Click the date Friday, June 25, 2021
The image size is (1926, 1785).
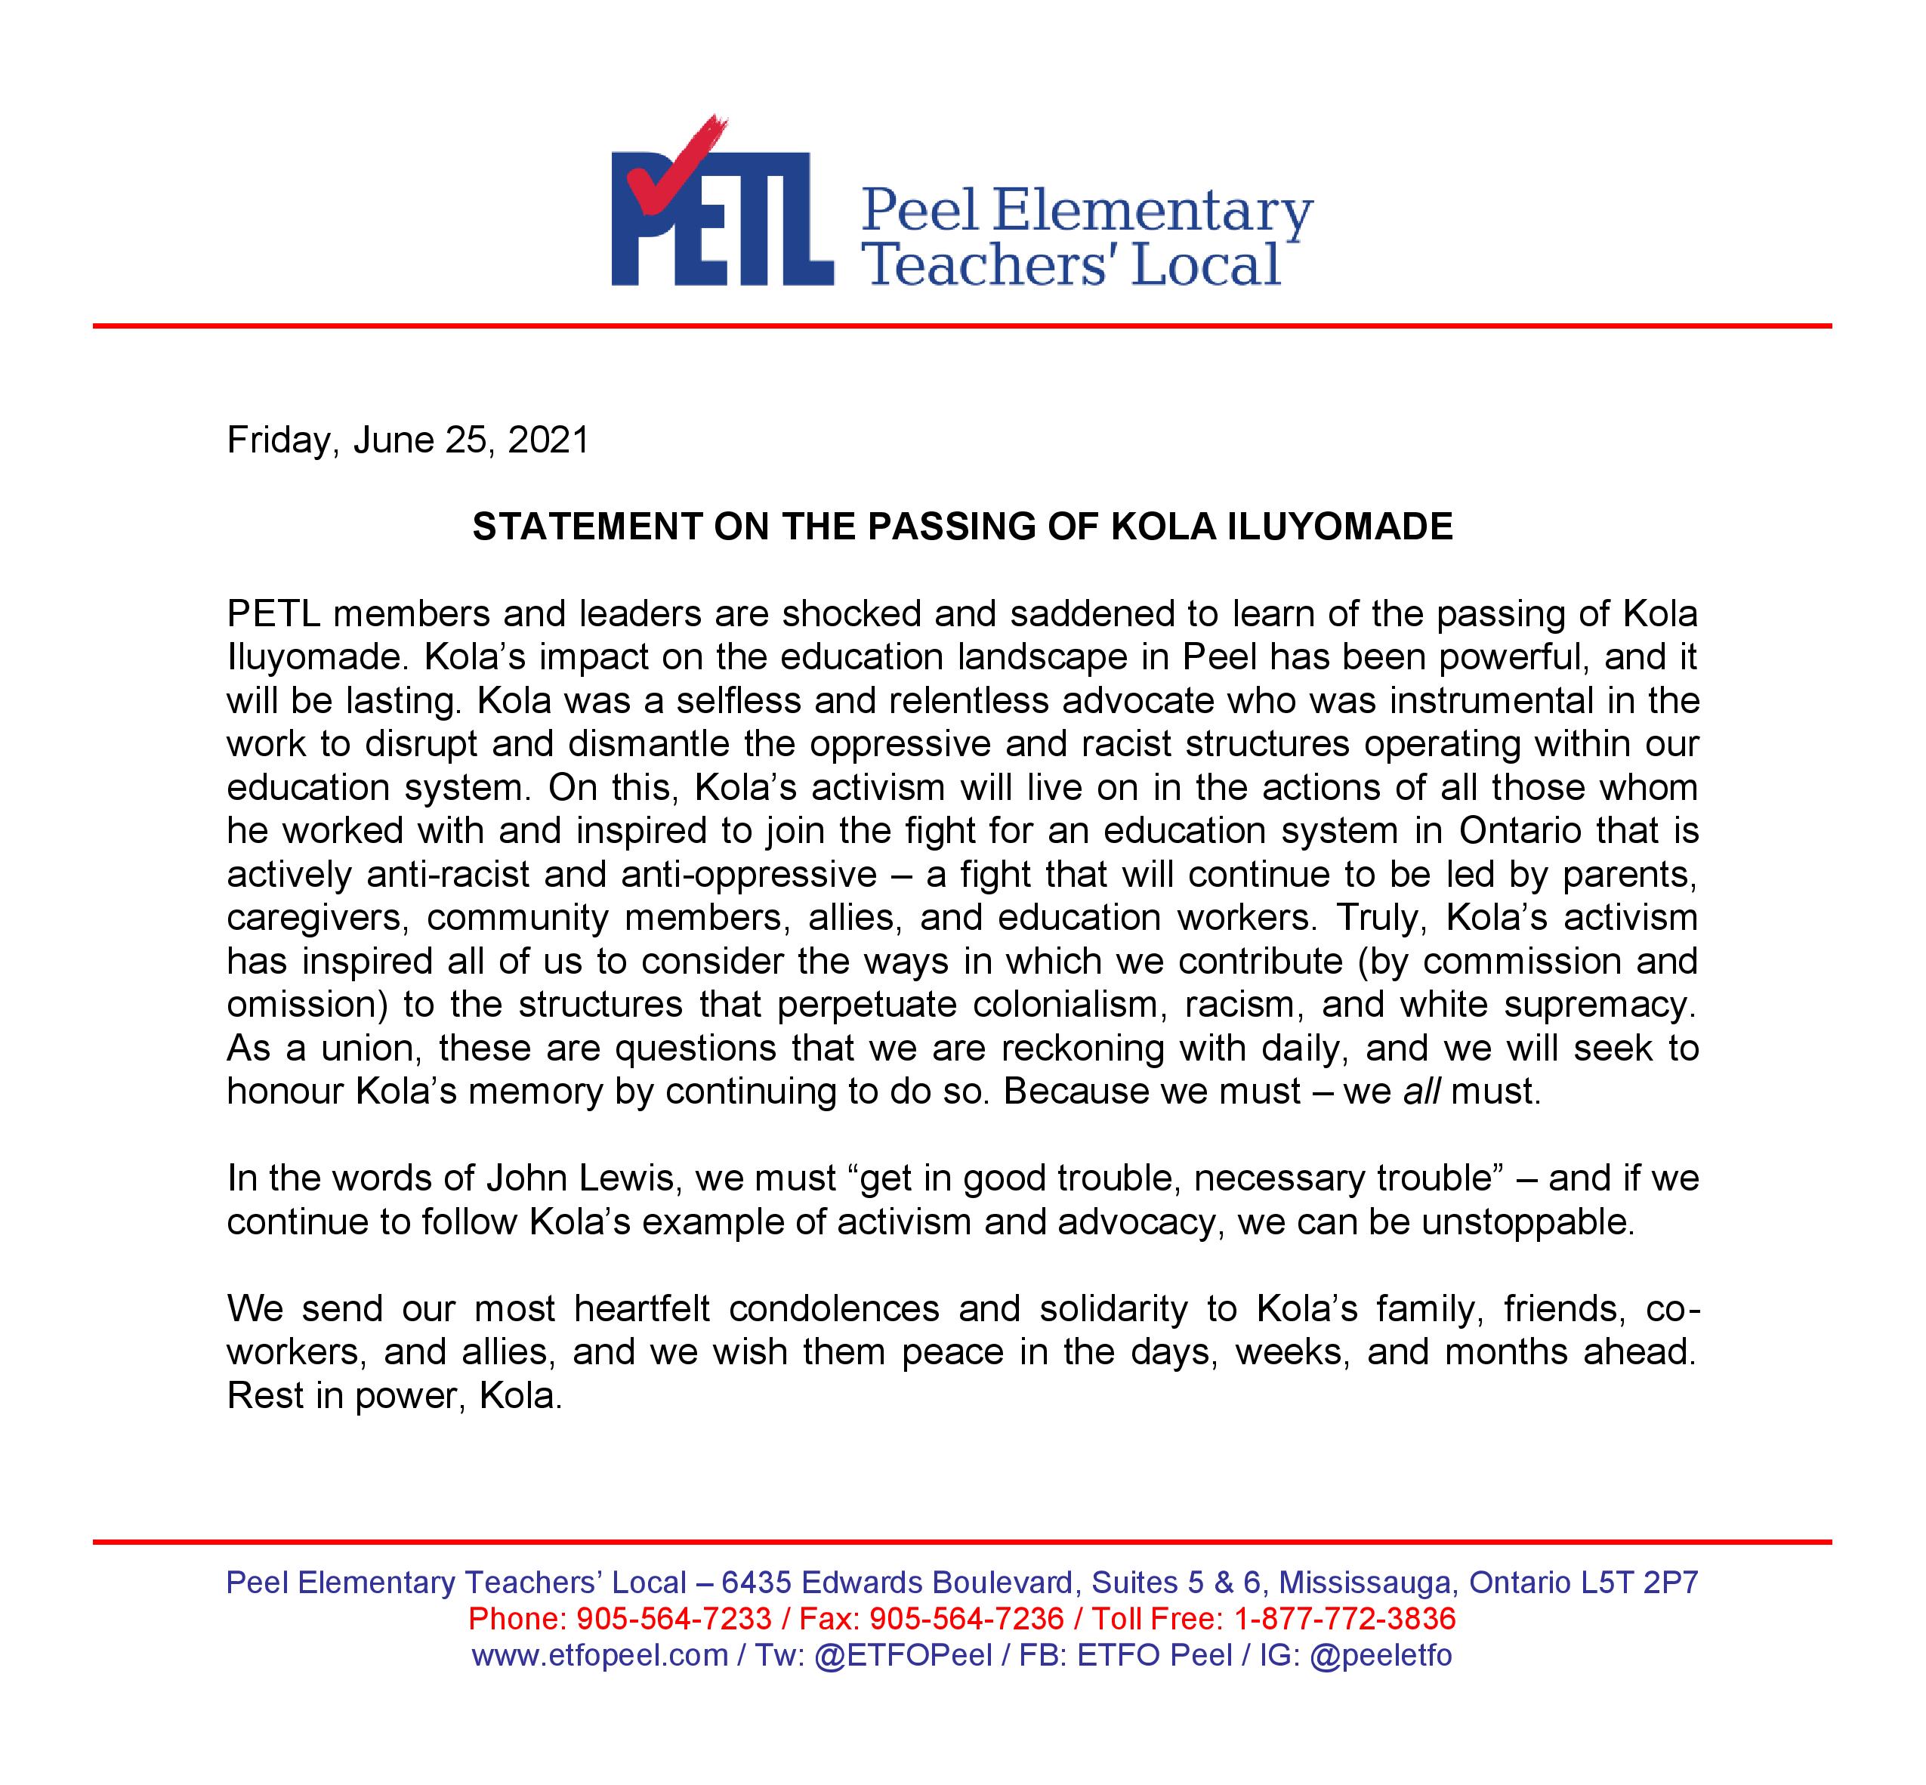408,440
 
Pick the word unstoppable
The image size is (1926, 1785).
1527,1222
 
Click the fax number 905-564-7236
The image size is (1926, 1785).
967,1618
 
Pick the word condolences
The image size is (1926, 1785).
835,1309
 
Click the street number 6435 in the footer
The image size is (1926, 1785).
756,1582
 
